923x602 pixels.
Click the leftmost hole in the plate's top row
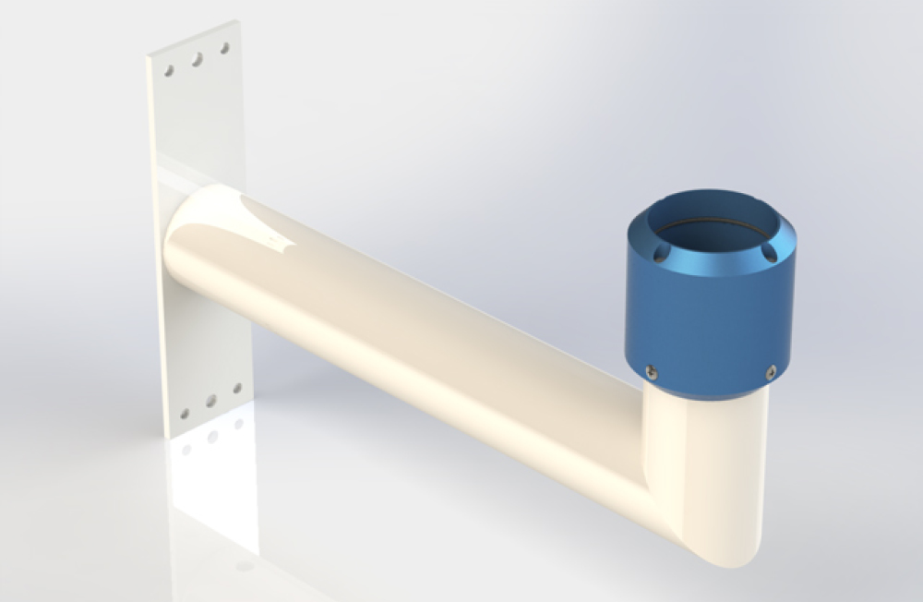(169, 70)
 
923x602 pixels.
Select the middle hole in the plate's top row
(197, 59)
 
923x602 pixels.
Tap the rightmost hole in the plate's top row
(223, 47)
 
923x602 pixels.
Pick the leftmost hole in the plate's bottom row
(185, 414)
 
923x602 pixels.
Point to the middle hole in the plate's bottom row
(211, 402)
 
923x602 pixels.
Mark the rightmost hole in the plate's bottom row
(237, 389)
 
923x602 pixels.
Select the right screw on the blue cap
(772, 371)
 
